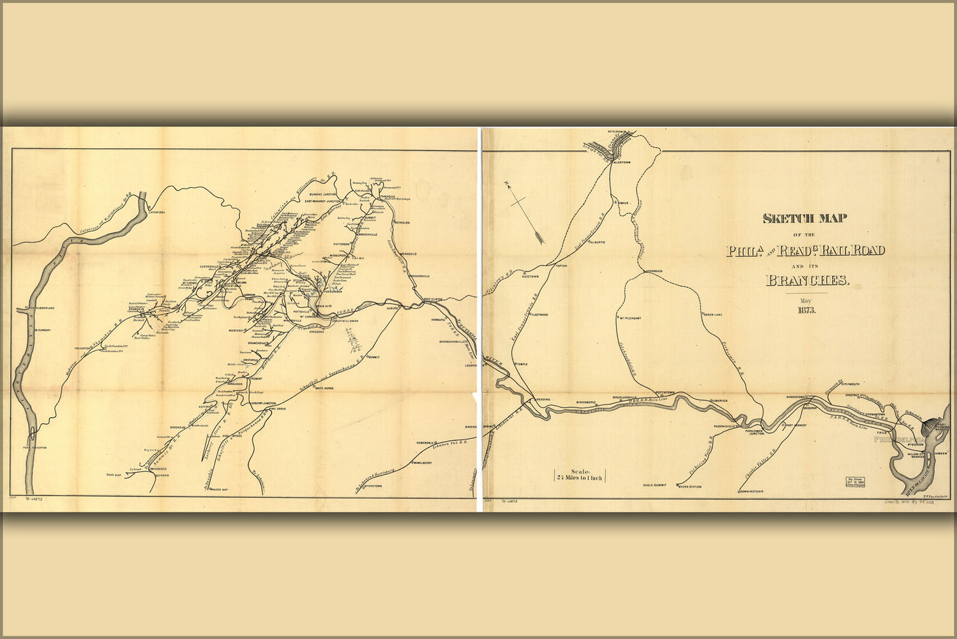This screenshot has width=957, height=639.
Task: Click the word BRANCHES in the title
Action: click(x=807, y=281)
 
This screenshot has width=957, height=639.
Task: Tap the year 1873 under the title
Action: click(x=805, y=311)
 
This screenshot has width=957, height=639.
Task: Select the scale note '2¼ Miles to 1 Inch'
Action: click(x=579, y=475)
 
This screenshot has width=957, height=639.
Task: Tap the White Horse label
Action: click(x=324, y=388)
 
